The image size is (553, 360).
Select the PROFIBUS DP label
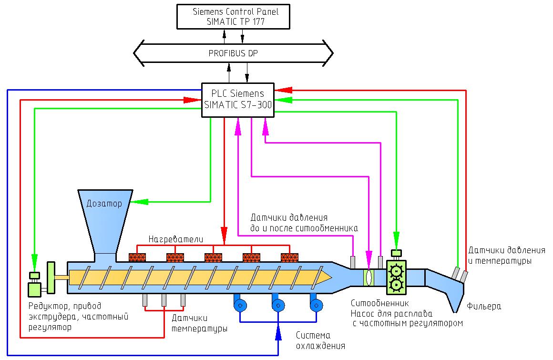pyautogui.click(x=233, y=53)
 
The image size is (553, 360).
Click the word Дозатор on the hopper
pyautogui.click(x=104, y=204)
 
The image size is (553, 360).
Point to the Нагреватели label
pyautogui.click(x=176, y=238)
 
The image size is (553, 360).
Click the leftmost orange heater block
pyautogui.click(x=137, y=257)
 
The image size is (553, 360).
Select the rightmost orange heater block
pyautogui.click(x=289, y=257)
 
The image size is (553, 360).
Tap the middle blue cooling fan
pyautogui.click(x=277, y=306)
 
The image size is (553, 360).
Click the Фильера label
pyautogui.click(x=484, y=306)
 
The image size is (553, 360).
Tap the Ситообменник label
pyautogui.click(x=379, y=303)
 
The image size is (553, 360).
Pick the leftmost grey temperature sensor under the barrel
pyautogui.click(x=145, y=300)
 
